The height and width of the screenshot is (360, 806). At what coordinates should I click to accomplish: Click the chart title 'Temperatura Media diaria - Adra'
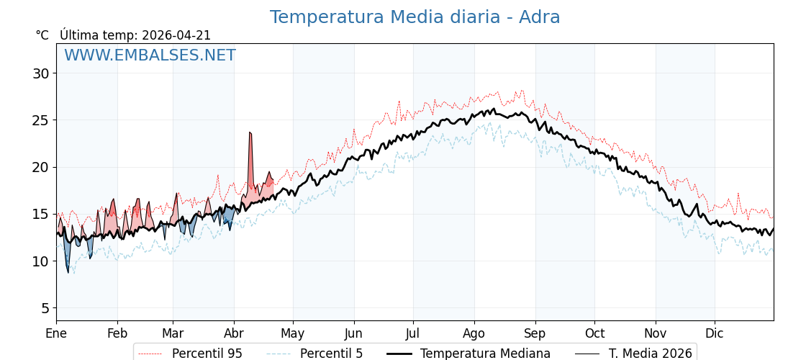click(x=415, y=17)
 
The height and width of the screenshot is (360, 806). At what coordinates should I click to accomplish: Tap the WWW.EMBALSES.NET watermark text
click(x=150, y=55)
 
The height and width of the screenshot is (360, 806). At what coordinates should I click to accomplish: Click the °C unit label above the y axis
click(x=42, y=35)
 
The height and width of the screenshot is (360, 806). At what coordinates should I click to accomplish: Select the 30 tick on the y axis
click(x=40, y=73)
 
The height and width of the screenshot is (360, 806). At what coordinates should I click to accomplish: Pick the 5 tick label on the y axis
click(x=45, y=308)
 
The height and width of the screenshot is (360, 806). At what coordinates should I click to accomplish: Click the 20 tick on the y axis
click(x=40, y=167)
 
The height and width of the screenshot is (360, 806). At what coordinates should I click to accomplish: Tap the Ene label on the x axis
click(x=56, y=333)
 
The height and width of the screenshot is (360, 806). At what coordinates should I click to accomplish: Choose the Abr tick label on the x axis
click(x=234, y=333)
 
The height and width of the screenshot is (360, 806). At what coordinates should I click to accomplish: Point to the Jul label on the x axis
click(x=413, y=333)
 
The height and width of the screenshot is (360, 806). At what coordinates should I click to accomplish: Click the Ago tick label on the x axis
click(x=474, y=333)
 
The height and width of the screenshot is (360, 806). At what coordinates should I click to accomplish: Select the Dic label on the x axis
click(x=715, y=333)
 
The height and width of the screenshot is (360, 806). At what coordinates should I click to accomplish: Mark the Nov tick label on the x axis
click(x=656, y=333)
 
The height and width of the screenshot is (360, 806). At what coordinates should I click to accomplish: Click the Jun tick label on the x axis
click(x=353, y=333)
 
